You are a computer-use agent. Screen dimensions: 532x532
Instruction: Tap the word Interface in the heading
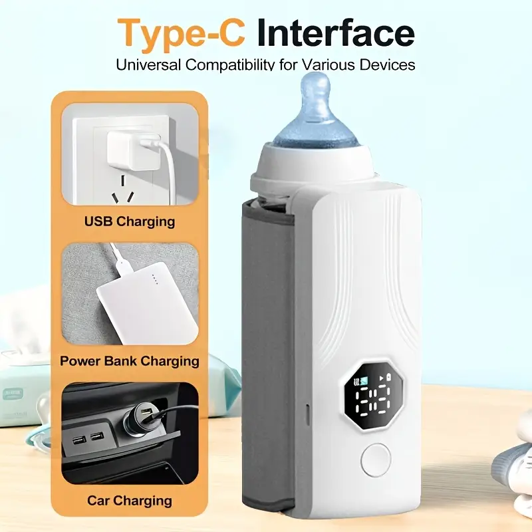tap(335, 33)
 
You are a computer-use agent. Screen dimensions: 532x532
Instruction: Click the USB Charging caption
tap(130, 221)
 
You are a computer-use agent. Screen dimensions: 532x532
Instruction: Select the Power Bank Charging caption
tap(130, 361)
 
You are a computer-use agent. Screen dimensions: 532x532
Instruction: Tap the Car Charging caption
tap(130, 500)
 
